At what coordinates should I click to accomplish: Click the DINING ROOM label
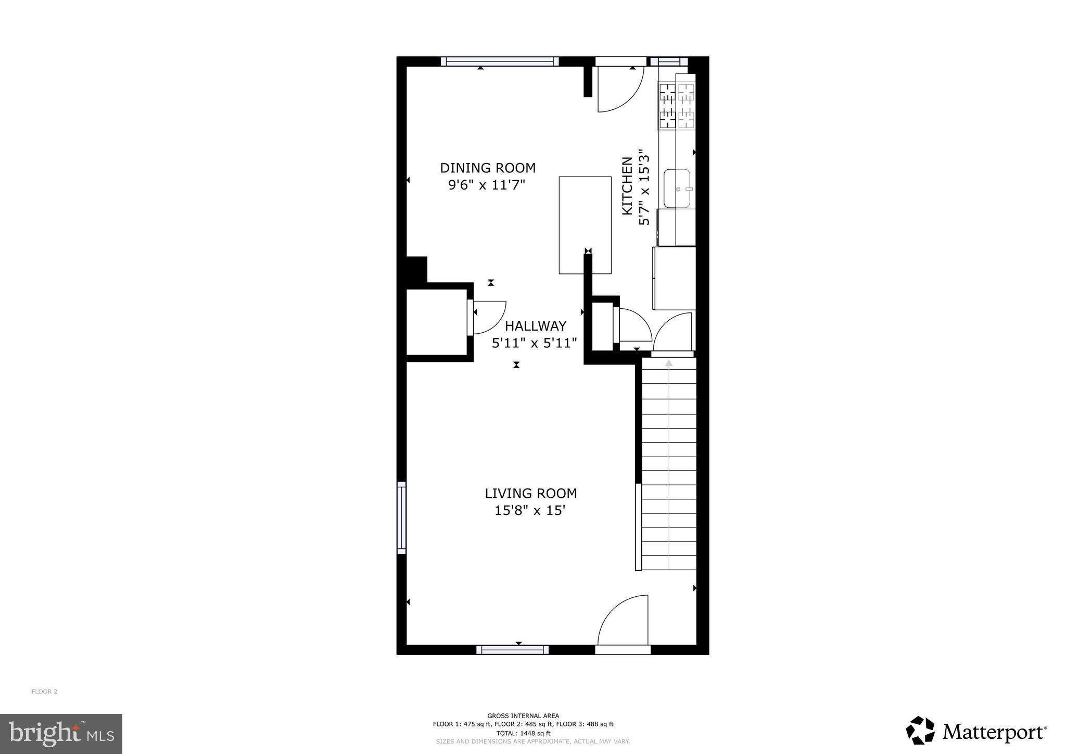488,168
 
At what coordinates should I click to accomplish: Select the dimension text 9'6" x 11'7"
487,185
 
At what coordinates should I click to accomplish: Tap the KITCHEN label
627,185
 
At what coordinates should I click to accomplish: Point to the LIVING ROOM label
530,493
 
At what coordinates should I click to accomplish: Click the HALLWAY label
535,326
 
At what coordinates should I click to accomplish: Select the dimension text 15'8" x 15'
529,510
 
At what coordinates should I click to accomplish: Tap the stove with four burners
677,106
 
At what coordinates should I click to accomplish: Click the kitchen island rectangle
585,225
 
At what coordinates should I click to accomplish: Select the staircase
668,463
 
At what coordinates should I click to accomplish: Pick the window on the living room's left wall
401,518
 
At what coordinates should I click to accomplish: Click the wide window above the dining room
500,61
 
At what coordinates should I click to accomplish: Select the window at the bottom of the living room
513,649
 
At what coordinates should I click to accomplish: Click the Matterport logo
976,732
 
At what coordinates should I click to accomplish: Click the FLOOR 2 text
45,692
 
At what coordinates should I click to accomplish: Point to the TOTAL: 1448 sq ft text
523,733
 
